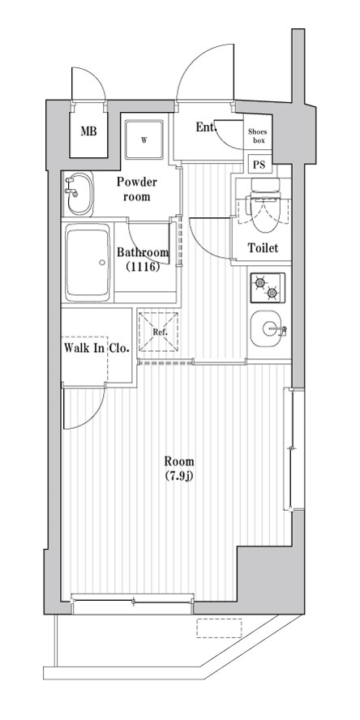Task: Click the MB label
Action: coord(88,130)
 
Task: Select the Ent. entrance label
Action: coord(206,127)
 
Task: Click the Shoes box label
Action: coord(258,136)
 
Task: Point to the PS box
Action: coord(259,165)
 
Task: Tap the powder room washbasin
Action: coord(78,191)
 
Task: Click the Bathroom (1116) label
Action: coord(144,259)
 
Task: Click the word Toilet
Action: coord(263,248)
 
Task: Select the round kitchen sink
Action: coord(268,331)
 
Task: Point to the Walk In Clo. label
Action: coord(96,349)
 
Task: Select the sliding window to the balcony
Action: coord(133,599)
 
